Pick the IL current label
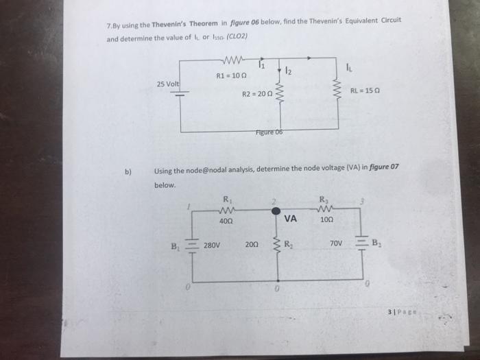[x=350, y=67]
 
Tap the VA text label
[x=290, y=220]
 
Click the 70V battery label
[x=336, y=243]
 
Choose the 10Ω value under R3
[x=326, y=221]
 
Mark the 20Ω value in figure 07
[x=252, y=243]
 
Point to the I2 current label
[x=288, y=71]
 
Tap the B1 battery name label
[x=176, y=242]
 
